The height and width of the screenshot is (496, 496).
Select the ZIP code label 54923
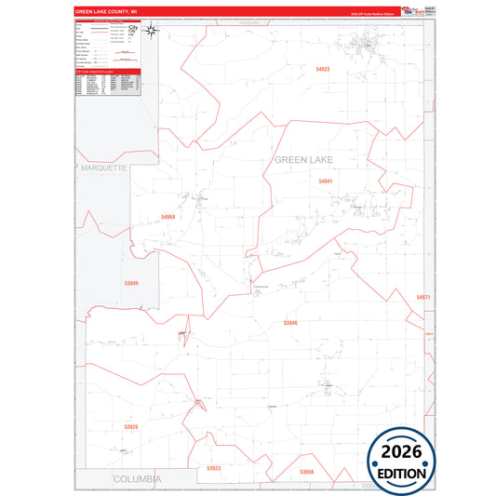(x=323, y=69)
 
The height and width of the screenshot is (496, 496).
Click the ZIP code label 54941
(x=325, y=181)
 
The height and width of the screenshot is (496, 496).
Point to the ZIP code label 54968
(x=168, y=217)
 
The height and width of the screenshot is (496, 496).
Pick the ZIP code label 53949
(x=131, y=283)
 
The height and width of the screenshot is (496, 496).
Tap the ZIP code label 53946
(x=290, y=322)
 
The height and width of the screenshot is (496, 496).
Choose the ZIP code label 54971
(x=423, y=297)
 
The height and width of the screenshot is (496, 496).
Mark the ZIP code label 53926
(x=130, y=427)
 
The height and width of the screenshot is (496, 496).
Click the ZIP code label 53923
(x=214, y=468)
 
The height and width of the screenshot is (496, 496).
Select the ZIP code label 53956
(x=307, y=472)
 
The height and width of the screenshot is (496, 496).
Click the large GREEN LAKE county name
(x=316, y=160)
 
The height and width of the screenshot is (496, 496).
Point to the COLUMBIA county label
(x=137, y=478)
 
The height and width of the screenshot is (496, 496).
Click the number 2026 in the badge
(x=400, y=452)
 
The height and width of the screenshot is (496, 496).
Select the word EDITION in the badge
(x=401, y=474)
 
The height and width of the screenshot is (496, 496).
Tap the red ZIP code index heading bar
(x=107, y=71)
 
